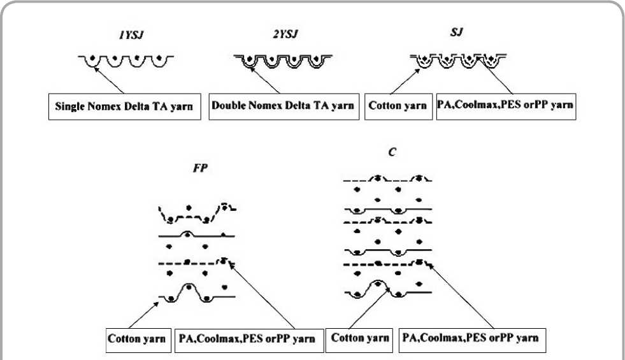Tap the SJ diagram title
click(456, 32)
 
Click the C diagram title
click(385, 154)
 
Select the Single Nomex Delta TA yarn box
click(129, 106)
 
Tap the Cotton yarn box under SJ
click(398, 106)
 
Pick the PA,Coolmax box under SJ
click(505, 106)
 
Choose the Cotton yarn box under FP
click(138, 338)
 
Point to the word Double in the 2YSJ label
click(230, 106)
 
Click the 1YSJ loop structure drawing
click(126, 62)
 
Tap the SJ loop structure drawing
click(457, 61)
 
